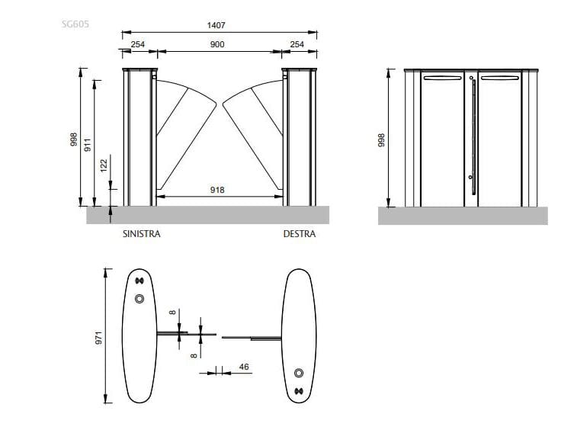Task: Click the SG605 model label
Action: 75,24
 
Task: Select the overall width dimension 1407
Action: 216,25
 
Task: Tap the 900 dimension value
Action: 217,45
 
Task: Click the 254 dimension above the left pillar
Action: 138,45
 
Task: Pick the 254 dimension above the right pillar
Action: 297,45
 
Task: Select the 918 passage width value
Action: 217,190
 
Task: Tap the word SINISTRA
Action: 142,234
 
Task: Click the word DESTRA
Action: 299,234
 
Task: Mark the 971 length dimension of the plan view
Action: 98,336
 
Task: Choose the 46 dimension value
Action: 244,367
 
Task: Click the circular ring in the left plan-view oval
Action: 139,299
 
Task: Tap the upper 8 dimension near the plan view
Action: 173,312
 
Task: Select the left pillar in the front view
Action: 139,137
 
